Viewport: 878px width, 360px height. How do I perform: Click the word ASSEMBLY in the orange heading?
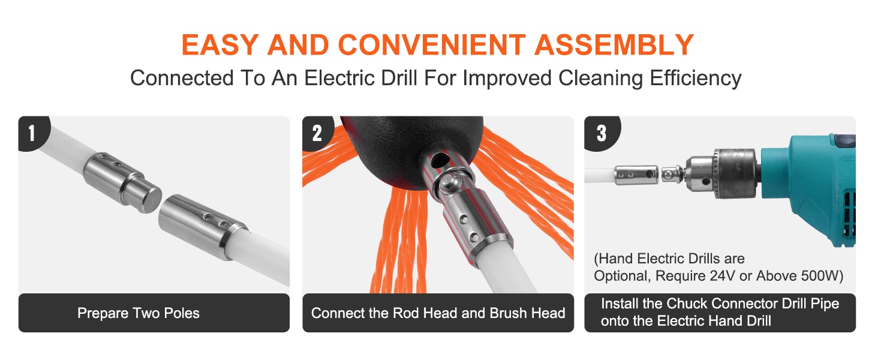pos(614,45)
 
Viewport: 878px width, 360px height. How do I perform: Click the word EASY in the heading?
pos(220,45)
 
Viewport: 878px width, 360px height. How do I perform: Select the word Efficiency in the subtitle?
pos(696,79)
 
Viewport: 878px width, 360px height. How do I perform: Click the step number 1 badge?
pos(32,133)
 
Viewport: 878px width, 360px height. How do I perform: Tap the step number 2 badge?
pos(317,133)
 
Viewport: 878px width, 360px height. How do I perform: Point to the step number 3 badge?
pos(602,133)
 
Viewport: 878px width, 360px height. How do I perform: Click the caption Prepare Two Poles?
pos(139,313)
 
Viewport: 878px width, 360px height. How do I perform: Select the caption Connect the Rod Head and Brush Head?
pos(438,313)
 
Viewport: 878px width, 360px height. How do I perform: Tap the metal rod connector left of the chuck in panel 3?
pos(636,175)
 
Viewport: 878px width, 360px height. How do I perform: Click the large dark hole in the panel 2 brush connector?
pos(440,159)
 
